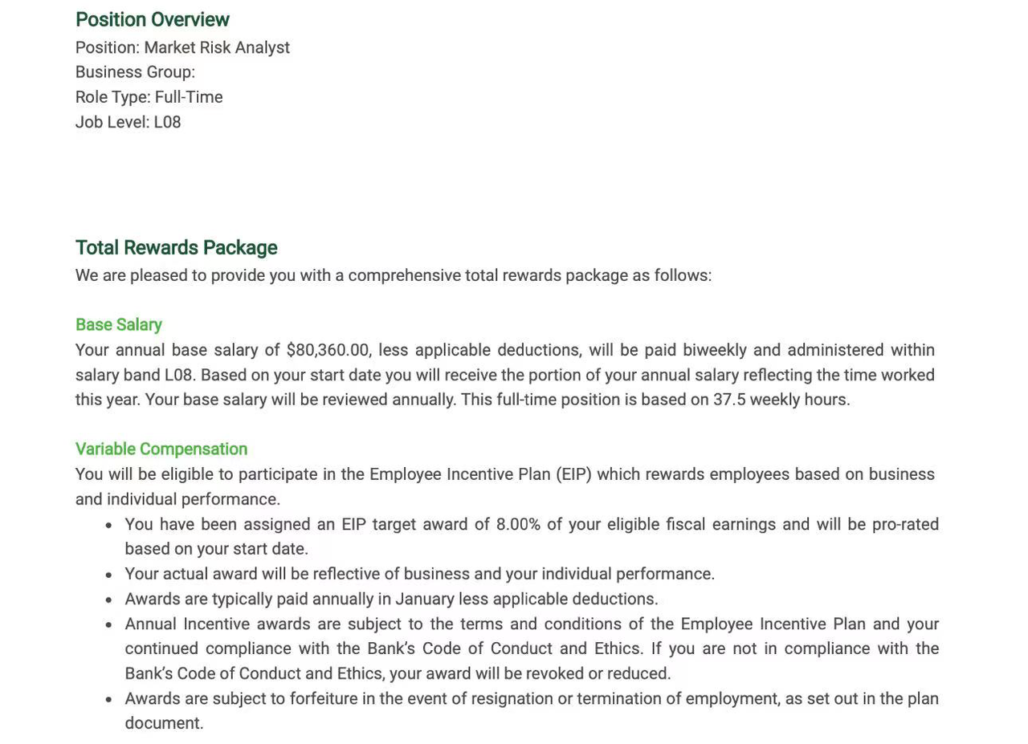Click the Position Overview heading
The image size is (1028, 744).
click(152, 19)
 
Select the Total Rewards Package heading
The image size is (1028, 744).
click(176, 247)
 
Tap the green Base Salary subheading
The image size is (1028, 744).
click(118, 324)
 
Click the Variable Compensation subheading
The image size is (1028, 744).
click(161, 449)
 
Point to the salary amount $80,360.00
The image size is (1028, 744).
click(327, 350)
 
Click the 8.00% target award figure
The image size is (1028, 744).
click(518, 524)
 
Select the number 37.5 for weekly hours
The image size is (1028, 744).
click(729, 400)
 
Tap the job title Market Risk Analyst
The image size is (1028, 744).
click(217, 47)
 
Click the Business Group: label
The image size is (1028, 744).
click(135, 72)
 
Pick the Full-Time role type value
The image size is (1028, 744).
click(189, 97)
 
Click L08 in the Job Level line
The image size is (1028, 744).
click(167, 122)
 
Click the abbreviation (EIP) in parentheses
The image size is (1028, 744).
click(573, 474)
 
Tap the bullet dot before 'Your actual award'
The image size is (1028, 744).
click(109, 575)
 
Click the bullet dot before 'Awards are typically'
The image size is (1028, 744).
click(109, 600)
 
